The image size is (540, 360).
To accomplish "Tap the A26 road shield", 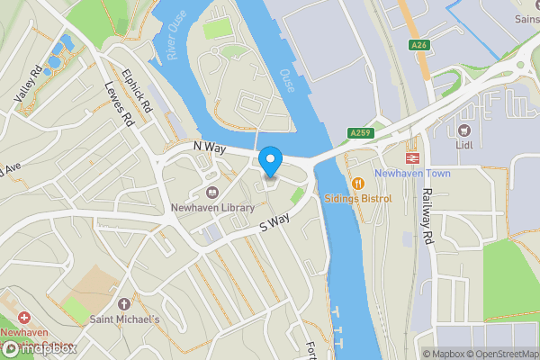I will pyautogui.click(x=417, y=44).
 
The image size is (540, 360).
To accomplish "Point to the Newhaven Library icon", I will pyautogui.click(x=211, y=192).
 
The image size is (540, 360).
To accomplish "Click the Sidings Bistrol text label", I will pyautogui.click(x=358, y=198).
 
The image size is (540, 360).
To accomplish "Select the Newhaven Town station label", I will pyautogui.click(x=411, y=173).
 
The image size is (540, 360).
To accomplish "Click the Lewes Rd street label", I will pyautogui.click(x=119, y=103).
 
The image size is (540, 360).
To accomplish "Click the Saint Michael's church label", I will pyautogui.click(x=124, y=319).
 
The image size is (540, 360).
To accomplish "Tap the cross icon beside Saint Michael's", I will pyautogui.click(x=124, y=304).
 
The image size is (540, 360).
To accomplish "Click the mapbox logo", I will pyautogui.click(x=38, y=347).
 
